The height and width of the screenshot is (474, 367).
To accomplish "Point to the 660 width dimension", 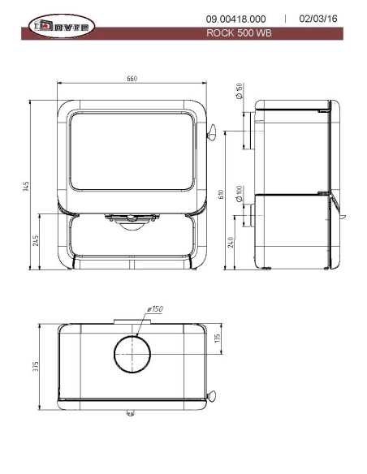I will pyautogui.click(x=132, y=79).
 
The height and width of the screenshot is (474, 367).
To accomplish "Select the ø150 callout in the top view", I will pyautogui.click(x=155, y=309).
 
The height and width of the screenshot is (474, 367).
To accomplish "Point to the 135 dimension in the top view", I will pyautogui.click(x=217, y=338).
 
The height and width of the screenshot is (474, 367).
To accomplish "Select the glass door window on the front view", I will pyautogui.click(x=132, y=153).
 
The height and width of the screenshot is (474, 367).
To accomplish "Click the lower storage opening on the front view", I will pyautogui.click(x=132, y=241).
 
